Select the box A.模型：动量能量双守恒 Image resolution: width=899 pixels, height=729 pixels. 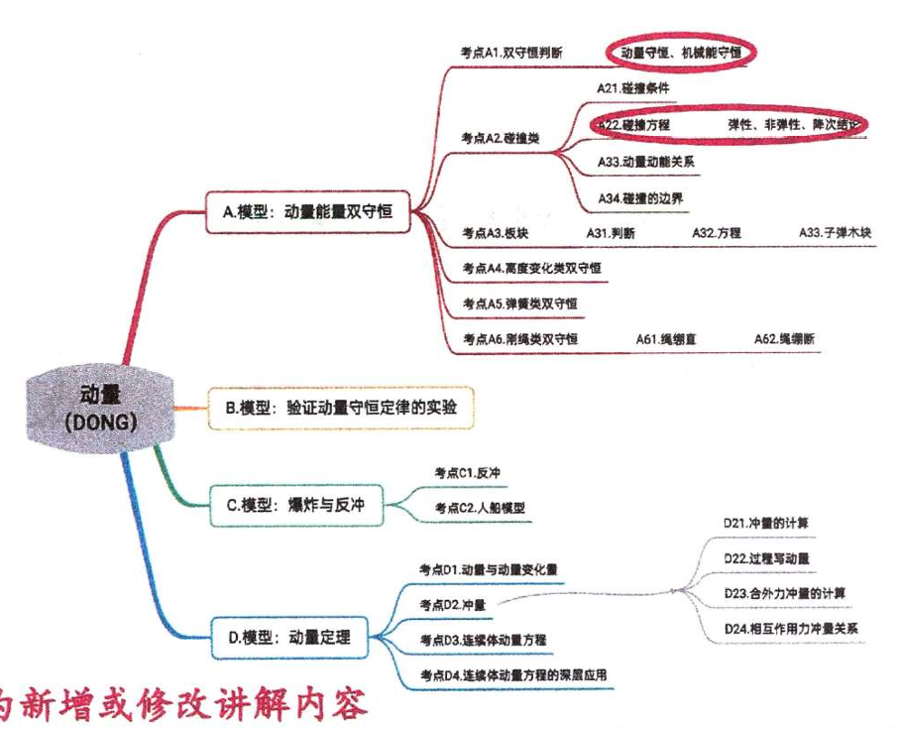click(x=309, y=210)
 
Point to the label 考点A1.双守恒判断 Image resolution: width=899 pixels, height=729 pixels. click(x=512, y=53)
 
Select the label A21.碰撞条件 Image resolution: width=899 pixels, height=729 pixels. click(x=633, y=88)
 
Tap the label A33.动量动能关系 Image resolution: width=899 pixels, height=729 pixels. click(x=645, y=161)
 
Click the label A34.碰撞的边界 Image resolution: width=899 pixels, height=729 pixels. click(x=640, y=198)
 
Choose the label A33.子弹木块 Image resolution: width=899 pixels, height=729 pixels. click(x=835, y=233)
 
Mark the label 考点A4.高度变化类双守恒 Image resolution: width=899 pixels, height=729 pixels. click(x=531, y=268)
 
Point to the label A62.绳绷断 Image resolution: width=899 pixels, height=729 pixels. click(x=784, y=339)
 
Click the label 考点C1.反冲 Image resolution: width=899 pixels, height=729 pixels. click(x=467, y=472)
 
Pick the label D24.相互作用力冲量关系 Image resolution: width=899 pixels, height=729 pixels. click(x=790, y=629)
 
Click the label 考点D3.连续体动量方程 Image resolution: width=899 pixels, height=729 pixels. click(x=483, y=641)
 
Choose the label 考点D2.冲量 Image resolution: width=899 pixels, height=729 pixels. click(x=450, y=604)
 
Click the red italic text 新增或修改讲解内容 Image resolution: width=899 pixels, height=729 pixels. click(x=188, y=705)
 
